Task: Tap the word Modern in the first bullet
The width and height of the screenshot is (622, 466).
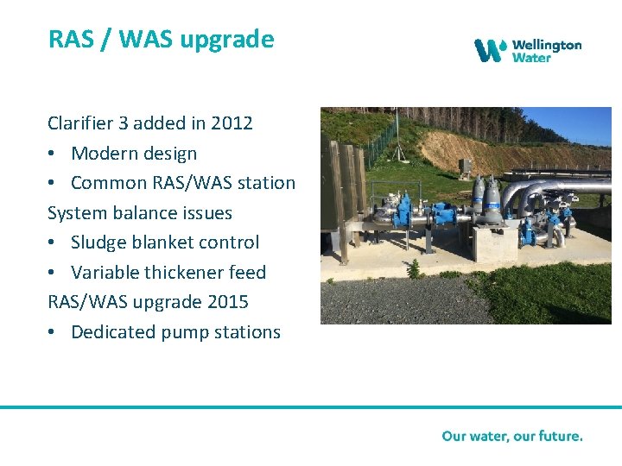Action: (102, 154)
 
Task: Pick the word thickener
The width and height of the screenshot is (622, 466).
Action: (188, 273)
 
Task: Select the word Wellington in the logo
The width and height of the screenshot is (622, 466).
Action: (546, 45)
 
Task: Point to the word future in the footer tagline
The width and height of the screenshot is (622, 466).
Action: (557, 436)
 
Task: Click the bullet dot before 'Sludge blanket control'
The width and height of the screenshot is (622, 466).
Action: (54, 243)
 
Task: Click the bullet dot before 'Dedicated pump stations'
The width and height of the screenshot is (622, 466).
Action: (54, 333)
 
